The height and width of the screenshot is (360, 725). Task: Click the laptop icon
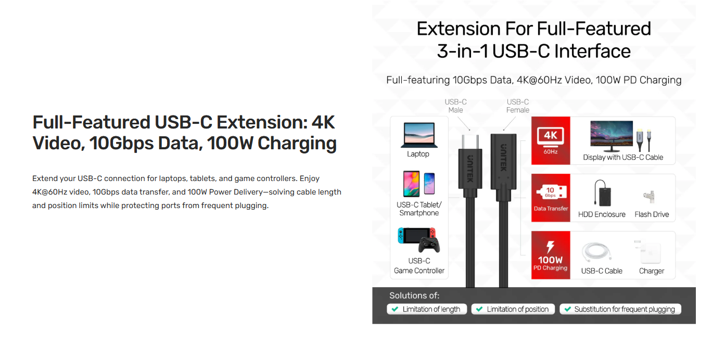pos(418,136)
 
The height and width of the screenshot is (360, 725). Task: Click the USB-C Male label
pos(455,106)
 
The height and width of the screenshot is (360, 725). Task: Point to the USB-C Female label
pos(518,106)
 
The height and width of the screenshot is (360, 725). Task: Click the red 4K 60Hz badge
pos(551,140)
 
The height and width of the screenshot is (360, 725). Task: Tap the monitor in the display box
pos(611,136)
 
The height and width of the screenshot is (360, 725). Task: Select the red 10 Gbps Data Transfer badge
pos(551,198)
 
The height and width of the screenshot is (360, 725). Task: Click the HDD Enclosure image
pos(602,193)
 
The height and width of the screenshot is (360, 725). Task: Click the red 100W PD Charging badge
pos(551,255)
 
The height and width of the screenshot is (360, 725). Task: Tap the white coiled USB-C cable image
pos(599,253)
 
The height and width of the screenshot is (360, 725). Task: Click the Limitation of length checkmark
pos(395,309)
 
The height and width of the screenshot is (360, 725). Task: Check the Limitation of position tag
pos(513,309)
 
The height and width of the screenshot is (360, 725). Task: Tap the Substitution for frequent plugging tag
pos(620,309)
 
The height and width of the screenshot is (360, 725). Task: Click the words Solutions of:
pos(414,295)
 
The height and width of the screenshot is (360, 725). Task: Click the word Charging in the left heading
pos(297,143)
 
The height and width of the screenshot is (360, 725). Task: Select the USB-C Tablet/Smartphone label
pos(418,209)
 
